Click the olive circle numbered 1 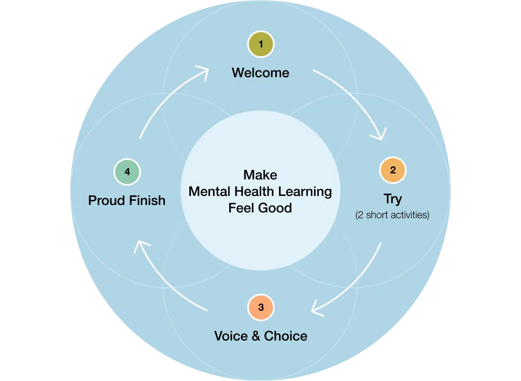coord(260,44)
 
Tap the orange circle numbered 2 coord(392,170)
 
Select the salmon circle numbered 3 coord(260,308)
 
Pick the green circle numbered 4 coord(127,172)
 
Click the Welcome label coord(260,73)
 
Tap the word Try coord(392,199)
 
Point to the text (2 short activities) coord(392,215)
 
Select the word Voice coord(231,336)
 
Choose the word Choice coord(285,336)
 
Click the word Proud coord(107,200)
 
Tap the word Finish coord(147,200)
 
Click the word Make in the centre coord(260,175)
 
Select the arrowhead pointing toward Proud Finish coord(140,246)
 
